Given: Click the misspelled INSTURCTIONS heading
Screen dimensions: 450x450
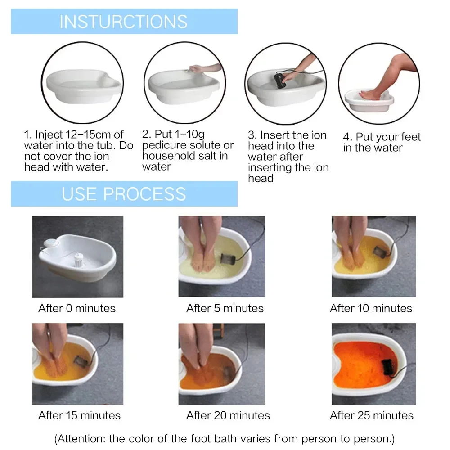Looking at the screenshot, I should point(123,22).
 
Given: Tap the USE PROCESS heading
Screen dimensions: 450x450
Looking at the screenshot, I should point(124,194).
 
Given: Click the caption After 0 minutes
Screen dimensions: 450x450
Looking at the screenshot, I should point(77,308).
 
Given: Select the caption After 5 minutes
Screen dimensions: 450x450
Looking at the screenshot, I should point(225,308).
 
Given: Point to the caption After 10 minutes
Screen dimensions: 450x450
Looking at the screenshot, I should point(371,308).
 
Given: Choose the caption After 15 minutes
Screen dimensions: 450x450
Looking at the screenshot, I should point(80,415).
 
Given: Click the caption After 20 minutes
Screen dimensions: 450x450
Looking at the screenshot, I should point(228,415).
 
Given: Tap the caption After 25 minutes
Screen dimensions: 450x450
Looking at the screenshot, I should point(372,415).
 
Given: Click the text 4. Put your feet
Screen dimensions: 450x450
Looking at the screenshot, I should point(382,137).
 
